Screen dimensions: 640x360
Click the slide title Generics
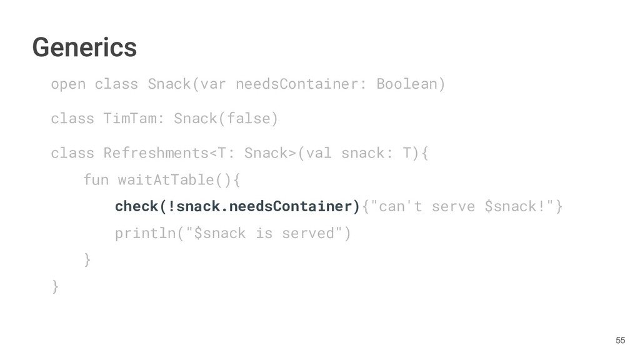click(84, 47)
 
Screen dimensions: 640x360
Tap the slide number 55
click(620, 340)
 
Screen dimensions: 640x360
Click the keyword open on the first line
click(68, 84)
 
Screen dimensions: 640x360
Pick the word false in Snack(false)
click(249, 118)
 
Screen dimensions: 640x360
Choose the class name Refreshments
click(156, 153)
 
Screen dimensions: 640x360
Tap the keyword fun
click(95, 180)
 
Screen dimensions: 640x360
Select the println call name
click(143, 233)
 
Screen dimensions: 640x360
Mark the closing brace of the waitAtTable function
click(87, 259)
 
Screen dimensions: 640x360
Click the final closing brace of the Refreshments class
click(56, 286)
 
